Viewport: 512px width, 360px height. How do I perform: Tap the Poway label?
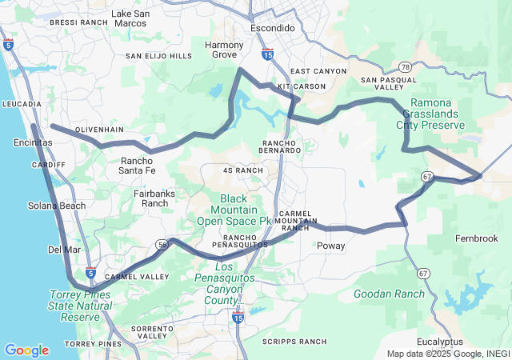pyautogui.click(x=331, y=246)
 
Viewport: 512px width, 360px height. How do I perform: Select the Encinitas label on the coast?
pyautogui.click(x=33, y=142)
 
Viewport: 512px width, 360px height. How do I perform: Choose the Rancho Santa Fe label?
pyautogui.click(x=138, y=166)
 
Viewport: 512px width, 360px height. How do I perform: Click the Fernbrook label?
pyautogui.click(x=476, y=239)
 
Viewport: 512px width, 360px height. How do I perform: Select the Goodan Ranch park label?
pyautogui.click(x=389, y=294)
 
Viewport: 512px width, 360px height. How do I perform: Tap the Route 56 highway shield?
pyautogui.click(x=162, y=246)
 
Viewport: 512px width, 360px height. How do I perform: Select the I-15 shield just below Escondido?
pyautogui.click(x=268, y=54)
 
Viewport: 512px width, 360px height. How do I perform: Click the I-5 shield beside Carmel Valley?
pyautogui.click(x=91, y=273)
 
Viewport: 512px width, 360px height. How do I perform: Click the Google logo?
pyautogui.click(x=26, y=350)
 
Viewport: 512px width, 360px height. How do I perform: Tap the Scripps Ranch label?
pyautogui.click(x=295, y=342)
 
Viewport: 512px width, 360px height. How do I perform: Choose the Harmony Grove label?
pyautogui.click(x=224, y=50)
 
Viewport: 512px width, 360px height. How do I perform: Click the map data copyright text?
pyautogui.click(x=447, y=354)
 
